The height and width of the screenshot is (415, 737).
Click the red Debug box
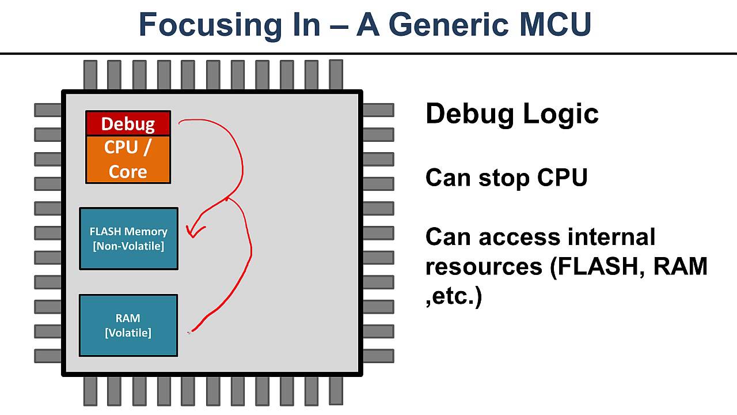[x=128, y=123]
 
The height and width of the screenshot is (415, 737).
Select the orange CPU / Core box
[x=128, y=160]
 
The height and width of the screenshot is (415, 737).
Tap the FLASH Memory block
[x=128, y=238]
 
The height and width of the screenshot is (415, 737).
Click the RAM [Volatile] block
[x=128, y=325]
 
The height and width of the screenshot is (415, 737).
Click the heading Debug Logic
[x=512, y=114]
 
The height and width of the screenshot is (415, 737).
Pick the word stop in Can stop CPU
[x=505, y=178]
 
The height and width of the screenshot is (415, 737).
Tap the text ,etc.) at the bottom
[x=454, y=296]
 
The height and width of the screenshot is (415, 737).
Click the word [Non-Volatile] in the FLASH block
[x=128, y=246]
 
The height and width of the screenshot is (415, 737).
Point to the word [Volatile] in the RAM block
[x=128, y=333]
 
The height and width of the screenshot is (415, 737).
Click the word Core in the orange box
[x=128, y=171]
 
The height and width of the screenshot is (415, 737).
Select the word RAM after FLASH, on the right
[x=680, y=266]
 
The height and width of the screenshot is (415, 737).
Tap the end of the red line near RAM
[x=191, y=331]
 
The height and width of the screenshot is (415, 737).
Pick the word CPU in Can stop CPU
[x=562, y=178]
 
